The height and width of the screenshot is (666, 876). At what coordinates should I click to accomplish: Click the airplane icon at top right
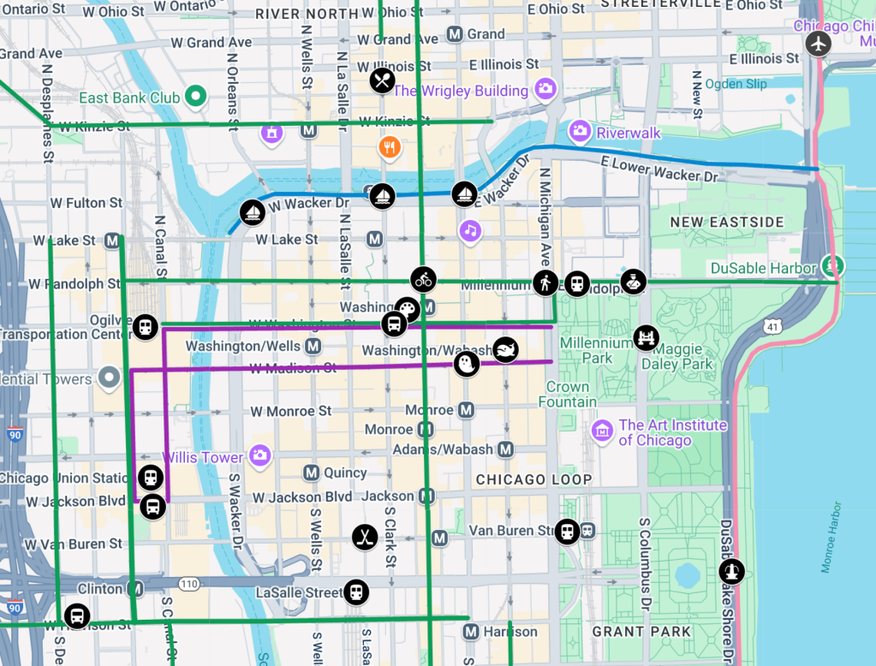pos(819,43)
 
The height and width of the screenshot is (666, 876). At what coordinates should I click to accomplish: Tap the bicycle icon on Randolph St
pos(423,279)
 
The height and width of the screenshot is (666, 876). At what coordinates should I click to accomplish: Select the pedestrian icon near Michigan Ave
pos(545,282)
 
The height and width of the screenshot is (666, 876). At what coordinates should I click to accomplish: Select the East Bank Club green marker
pos(195,97)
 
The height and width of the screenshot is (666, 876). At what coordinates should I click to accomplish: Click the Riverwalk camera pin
pos(581,131)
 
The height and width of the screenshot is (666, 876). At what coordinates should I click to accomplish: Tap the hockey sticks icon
pos(365,538)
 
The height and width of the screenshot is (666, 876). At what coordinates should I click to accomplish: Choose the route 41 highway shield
pos(774,327)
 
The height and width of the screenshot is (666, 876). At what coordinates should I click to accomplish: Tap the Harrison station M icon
pos(469,633)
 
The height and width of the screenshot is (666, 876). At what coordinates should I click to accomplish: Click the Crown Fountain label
pos(567,395)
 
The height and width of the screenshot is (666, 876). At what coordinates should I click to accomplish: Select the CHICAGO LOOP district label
pos(533,479)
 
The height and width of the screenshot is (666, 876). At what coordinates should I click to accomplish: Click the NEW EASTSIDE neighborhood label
pos(727,223)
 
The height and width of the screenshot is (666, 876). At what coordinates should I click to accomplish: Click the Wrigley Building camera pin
pos(545,88)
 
